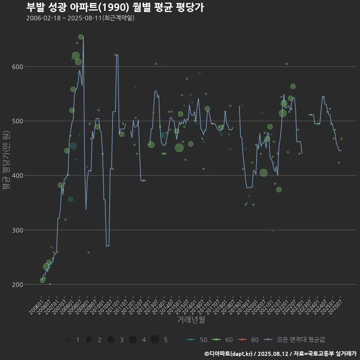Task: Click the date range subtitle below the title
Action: tap(80, 18)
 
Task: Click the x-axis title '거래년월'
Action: tap(191, 320)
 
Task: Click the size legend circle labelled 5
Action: tap(155, 340)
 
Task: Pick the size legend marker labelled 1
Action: tap(67, 340)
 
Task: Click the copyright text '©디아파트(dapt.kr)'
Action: tap(228, 354)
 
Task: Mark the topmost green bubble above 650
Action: tap(81, 37)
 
